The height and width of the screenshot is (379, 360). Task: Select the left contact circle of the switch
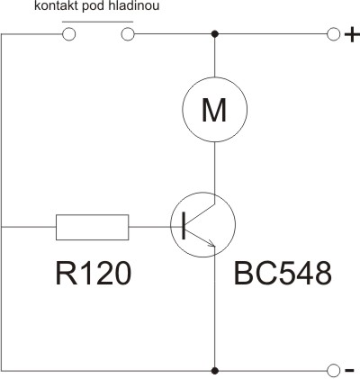tap(68, 34)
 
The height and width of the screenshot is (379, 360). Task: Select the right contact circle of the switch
tap(128, 34)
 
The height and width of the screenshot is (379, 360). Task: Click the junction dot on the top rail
tap(214, 34)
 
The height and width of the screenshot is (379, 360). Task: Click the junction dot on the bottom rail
tap(214, 371)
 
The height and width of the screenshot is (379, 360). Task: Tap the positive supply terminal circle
tap(333, 34)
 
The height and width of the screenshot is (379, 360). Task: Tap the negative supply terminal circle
tap(333, 371)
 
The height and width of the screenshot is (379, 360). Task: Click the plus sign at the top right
tap(352, 35)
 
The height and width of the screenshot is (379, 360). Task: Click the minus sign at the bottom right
tap(349, 371)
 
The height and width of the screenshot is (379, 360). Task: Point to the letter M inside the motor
tap(214, 110)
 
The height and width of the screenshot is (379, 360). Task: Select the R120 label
tap(94, 273)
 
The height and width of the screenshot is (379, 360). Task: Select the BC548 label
tap(283, 273)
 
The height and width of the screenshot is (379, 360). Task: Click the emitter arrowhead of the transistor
tap(211, 243)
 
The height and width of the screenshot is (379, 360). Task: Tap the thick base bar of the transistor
tap(184, 226)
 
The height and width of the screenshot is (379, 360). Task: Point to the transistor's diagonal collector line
tap(200, 214)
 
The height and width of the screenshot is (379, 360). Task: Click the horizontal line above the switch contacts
tap(97, 22)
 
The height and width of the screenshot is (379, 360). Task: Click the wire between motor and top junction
tap(214, 57)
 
